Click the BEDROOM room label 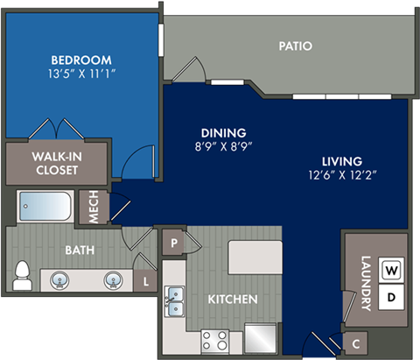click(x=80, y=60)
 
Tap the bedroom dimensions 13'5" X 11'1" click(x=80, y=74)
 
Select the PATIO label click(x=296, y=46)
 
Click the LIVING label click(x=341, y=161)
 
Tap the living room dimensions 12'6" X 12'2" click(x=341, y=175)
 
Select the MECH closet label click(x=93, y=206)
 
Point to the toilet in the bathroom click(x=22, y=276)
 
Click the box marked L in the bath click(x=145, y=281)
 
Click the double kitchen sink click(x=174, y=302)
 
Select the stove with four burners click(x=215, y=339)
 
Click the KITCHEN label click(x=232, y=300)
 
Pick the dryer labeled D click(x=391, y=298)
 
